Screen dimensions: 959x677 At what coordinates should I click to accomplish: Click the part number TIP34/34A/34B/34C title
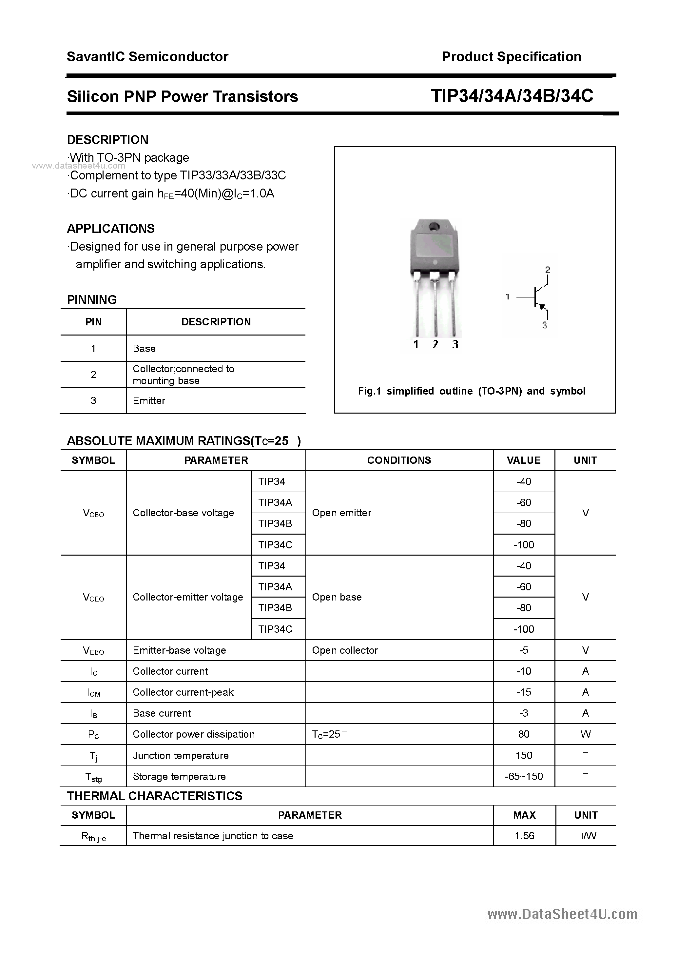[x=512, y=96]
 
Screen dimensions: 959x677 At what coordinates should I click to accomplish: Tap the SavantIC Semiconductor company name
[x=147, y=57]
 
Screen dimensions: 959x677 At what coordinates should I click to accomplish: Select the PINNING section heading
[x=92, y=299]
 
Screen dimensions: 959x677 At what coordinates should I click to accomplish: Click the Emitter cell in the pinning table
[x=149, y=400]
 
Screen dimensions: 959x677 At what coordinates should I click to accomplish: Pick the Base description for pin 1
[x=144, y=348]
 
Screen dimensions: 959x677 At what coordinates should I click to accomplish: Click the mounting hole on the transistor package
[x=434, y=226]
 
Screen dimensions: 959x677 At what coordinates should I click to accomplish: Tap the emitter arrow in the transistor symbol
[x=542, y=307]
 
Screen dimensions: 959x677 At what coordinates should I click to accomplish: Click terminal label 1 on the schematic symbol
[x=508, y=297]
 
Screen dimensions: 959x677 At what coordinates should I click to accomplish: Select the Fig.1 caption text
[x=472, y=391]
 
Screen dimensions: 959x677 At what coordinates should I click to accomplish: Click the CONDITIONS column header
[x=399, y=460]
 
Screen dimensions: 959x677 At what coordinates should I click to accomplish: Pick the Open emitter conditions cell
[x=341, y=513]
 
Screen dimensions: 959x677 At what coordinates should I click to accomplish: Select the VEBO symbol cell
[x=93, y=650]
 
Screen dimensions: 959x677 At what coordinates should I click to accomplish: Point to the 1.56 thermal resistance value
[x=524, y=835]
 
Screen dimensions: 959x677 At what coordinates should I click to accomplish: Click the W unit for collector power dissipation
[x=585, y=734]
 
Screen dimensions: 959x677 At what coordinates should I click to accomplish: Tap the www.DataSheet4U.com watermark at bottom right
[x=562, y=914]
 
